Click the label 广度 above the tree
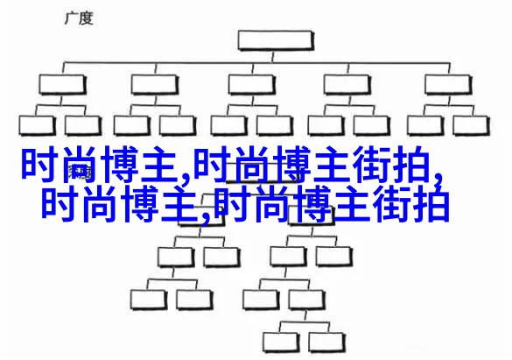(x=79, y=18)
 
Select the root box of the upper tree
(x=276, y=40)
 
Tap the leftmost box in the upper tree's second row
(x=62, y=84)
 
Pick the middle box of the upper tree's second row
(x=251, y=84)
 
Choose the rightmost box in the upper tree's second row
(x=448, y=84)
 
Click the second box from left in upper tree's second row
(x=154, y=84)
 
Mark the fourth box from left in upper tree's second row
(x=347, y=84)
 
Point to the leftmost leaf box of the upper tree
(x=37, y=125)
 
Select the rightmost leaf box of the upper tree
(x=471, y=125)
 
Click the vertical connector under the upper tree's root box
(x=273, y=56)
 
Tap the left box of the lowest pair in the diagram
(x=281, y=342)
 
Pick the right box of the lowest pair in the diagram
(x=326, y=342)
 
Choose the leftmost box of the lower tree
(x=149, y=300)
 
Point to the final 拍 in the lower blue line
(x=431, y=203)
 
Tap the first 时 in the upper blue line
(x=40, y=165)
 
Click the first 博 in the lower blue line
(x=138, y=203)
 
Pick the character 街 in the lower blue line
(x=391, y=203)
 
